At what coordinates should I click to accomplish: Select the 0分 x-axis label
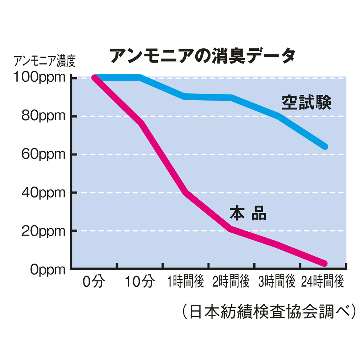coord(94,282)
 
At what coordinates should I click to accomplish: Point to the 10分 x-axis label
coord(140,282)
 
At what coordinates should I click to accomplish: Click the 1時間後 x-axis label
coord(185,282)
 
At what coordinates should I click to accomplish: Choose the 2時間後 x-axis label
coord(231,282)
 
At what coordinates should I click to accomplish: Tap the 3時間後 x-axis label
coord(277,282)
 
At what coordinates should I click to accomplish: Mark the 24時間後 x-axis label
coord(322,282)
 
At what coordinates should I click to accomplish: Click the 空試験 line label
coord(306,103)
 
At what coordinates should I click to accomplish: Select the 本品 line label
coord(248,214)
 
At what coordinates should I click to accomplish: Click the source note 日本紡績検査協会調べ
coord(268,311)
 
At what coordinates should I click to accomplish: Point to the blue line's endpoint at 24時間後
coord(325,147)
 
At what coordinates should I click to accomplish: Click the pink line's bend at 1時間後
coord(185,192)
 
